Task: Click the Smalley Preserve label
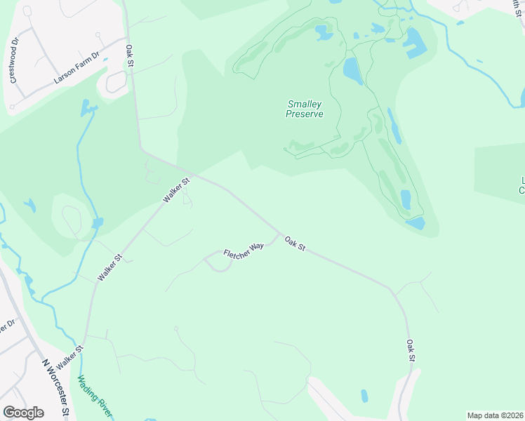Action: (305, 109)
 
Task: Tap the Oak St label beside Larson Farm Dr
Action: (130, 57)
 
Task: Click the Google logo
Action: (23, 413)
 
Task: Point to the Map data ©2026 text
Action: (495, 415)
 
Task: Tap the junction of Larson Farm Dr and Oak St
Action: (126, 39)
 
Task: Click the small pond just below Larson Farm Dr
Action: (88, 107)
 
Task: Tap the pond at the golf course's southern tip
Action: (416, 223)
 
